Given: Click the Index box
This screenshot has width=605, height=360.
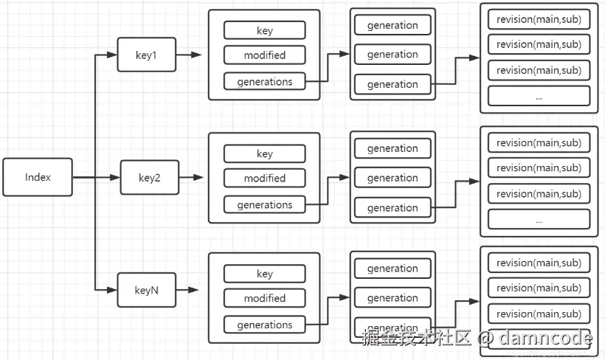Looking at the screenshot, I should coord(38,177).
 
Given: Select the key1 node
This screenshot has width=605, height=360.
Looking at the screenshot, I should coord(147,55).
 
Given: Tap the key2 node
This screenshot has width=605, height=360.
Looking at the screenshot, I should coord(150,178).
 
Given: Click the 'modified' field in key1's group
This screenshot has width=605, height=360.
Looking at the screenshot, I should coord(264,55).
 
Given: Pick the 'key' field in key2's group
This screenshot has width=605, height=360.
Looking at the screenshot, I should coord(264,153).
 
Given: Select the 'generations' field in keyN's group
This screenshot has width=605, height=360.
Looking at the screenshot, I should coord(264,325).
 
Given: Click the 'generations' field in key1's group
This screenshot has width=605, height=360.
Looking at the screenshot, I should coord(264,82).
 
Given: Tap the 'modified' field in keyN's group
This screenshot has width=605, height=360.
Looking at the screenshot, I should coord(264,298).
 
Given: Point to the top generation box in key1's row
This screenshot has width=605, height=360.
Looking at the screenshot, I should coord(393,25).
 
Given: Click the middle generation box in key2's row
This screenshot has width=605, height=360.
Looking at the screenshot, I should coord(393,178).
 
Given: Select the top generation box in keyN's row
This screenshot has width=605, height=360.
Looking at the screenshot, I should coord(393,269).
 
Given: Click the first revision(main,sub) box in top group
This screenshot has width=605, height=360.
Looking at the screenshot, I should coord(539,19).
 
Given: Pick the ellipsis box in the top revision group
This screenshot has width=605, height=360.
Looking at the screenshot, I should coord(539,96).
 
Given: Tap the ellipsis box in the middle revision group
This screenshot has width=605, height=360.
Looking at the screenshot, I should coord(539,219).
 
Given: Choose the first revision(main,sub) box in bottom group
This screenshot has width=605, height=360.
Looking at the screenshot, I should coord(539,263).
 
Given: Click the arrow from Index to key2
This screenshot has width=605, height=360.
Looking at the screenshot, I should coord(96,178).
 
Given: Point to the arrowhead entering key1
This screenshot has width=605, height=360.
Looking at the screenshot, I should coord(112,55).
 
